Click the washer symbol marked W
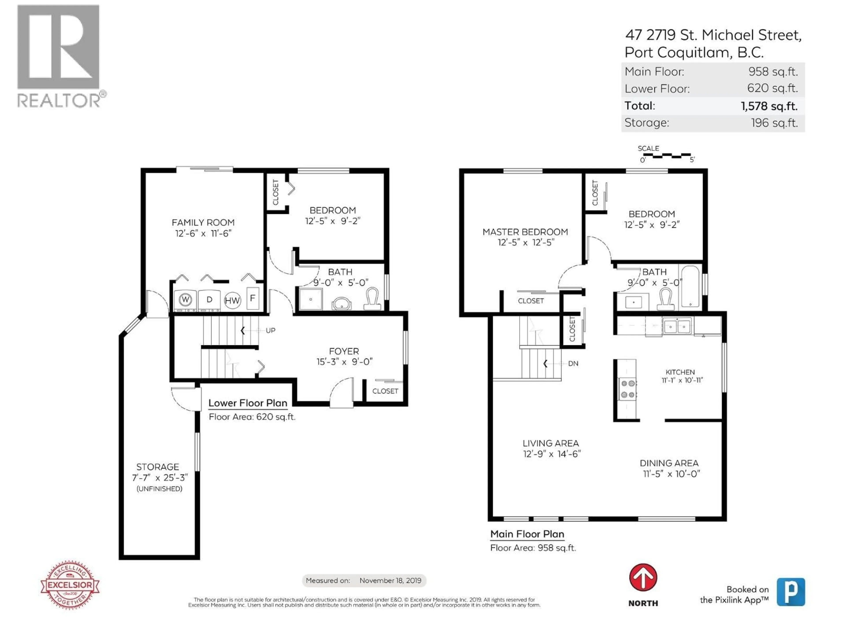click(186, 300)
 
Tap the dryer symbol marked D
click(209, 300)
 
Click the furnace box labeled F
click(252, 298)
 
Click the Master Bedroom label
click(525, 232)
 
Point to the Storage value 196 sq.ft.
click(774, 123)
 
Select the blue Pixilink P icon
click(790, 592)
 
